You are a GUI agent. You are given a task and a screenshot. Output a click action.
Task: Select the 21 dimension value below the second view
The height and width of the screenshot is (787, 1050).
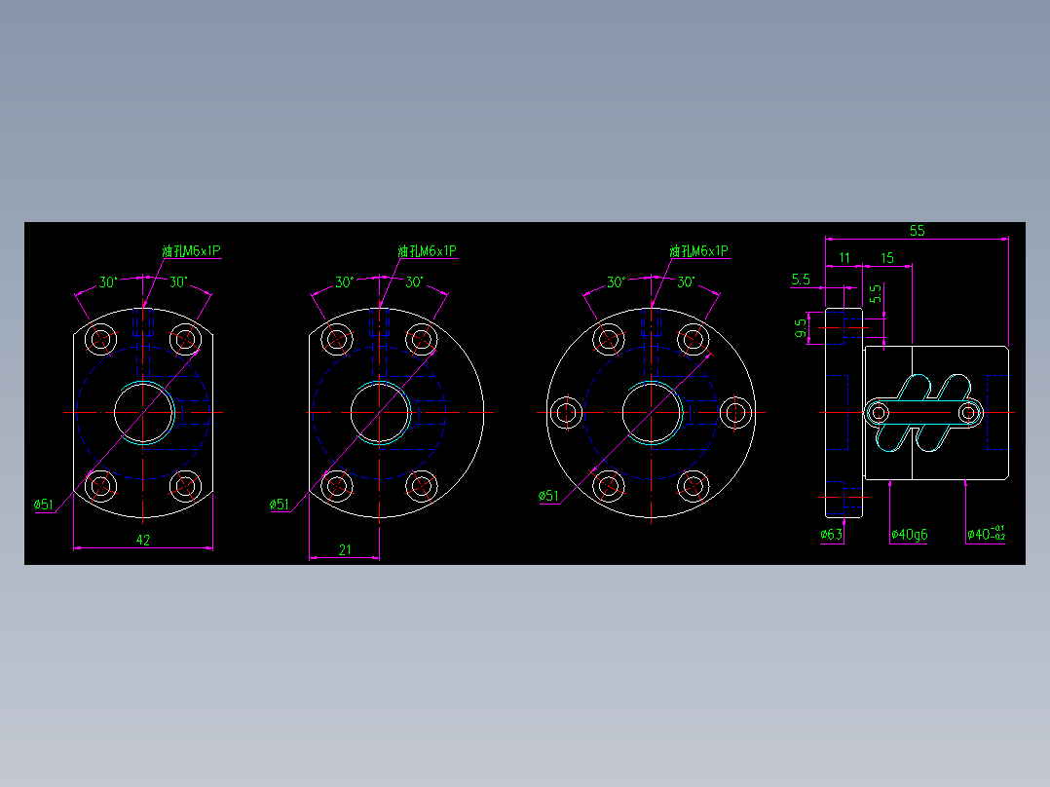pyautogui.click(x=345, y=549)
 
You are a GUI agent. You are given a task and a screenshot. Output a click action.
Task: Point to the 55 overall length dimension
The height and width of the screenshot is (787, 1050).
pyautogui.click(x=917, y=231)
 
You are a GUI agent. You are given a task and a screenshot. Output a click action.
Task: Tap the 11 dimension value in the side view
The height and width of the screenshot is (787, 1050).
pyautogui.click(x=844, y=257)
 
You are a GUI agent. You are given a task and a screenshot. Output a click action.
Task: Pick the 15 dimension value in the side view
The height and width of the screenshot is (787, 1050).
pyautogui.click(x=886, y=257)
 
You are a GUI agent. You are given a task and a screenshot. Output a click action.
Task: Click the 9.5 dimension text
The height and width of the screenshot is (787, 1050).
pyautogui.click(x=801, y=327)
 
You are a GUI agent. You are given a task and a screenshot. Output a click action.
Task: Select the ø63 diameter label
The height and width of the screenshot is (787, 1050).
pyautogui.click(x=831, y=534)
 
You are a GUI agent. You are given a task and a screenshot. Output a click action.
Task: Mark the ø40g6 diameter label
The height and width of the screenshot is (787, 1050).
pyautogui.click(x=909, y=534)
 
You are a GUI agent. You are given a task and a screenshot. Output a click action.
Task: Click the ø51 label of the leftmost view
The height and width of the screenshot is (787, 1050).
pyautogui.click(x=43, y=505)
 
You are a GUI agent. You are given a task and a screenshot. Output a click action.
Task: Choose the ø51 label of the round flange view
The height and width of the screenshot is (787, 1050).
pyautogui.click(x=549, y=496)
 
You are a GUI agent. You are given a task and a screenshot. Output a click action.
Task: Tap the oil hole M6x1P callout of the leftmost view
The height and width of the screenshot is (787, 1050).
pyautogui.click(x=191, y=251)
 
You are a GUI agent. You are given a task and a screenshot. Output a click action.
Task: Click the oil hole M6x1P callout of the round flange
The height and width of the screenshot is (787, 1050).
pyautogui.click(x=698, y=251)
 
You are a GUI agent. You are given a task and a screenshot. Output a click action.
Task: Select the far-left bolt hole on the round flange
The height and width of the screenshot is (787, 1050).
pyautogui.click(x=565, y=412)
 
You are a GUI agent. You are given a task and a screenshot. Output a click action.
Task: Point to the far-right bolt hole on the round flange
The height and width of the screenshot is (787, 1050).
pyautogui.click(x=736, y=412)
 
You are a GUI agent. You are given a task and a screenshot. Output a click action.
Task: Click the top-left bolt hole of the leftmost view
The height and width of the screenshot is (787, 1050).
pyautogui.click(x=100, y=339)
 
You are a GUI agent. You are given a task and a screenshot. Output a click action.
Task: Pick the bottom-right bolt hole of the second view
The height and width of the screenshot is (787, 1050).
pyautogui.click(x=421, y=484)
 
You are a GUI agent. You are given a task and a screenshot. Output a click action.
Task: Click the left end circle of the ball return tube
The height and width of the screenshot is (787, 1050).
pyautogui.click(x=879, y=414)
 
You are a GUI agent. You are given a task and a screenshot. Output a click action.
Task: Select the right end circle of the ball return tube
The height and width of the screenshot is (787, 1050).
pyautogui.click(x=968, y=414)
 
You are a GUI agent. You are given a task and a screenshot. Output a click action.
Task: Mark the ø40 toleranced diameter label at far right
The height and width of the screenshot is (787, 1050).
pyautogui.click(x=986, y=534)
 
